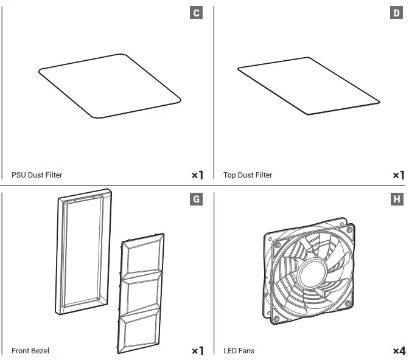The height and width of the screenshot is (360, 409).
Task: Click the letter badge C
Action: (196, 13)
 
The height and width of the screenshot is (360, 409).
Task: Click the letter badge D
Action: (397, 13)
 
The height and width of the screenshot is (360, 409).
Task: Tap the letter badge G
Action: (196, 199)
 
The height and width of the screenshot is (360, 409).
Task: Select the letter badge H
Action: (397, 199)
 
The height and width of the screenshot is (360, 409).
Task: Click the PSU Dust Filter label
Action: (37, 175)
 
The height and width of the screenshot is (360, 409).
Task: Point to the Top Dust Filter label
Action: (248, 175)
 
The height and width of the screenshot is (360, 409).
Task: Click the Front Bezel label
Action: (30, 351)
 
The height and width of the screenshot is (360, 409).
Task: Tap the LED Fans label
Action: (239, 351)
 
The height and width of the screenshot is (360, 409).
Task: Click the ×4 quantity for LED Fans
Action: (399, 351)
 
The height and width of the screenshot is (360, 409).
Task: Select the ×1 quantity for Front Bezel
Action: (197, 351)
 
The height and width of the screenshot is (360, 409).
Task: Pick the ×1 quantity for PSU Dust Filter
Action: (197, 175)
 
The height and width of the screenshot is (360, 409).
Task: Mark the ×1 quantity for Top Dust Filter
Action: (399, 175)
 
